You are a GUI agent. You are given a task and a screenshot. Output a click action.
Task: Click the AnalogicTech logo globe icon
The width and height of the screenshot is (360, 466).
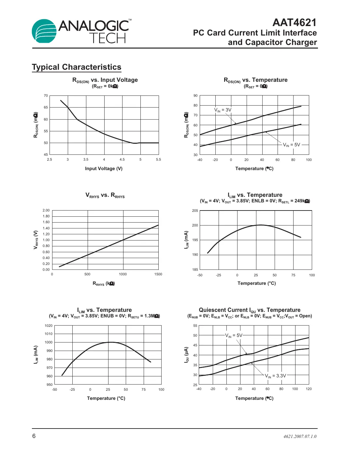pyautogui.click(x=44, y=31)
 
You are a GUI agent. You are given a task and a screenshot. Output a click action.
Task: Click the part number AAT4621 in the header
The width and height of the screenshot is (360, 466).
pyautogui.click(x=294, y=22)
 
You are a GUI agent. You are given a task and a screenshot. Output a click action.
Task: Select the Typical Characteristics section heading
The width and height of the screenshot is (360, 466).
pyautogui.click(x=77, y=67)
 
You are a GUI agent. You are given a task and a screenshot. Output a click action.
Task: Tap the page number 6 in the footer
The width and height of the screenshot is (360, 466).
pyautogui.click(x=34, y=436)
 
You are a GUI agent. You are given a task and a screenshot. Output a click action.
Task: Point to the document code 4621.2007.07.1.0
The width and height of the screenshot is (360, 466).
pyautogui.click(x=300, y=436)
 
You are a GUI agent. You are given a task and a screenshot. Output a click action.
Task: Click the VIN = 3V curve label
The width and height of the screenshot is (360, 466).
pyautogui.click(x=223, y=110)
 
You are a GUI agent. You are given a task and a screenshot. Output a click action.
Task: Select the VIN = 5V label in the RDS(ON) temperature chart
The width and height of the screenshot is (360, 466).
pyautogui.click(x=291, y=145)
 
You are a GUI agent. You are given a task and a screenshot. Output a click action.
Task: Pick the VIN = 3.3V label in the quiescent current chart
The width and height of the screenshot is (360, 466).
pyautogui.click(x=275, y=376)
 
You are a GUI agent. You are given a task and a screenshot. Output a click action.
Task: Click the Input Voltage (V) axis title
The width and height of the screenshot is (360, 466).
pyautogui.click(x=104, y=168)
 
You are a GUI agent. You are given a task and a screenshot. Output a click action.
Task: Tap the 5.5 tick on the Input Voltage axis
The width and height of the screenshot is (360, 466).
pyautogui.click(x=158, y=160)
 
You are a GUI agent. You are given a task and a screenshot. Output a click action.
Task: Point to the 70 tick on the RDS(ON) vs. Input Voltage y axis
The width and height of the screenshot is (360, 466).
pyautogui.click(x=46, y=96)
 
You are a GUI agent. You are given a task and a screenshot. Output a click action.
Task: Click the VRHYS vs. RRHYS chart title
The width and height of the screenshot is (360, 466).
pyautogui.click(x=105, y=195)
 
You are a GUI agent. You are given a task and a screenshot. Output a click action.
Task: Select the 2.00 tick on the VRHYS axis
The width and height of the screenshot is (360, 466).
pyautogui.click(x=46, y=211)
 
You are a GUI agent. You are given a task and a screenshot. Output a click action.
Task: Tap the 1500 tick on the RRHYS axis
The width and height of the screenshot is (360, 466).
pyautogui.click(x=158, y=274)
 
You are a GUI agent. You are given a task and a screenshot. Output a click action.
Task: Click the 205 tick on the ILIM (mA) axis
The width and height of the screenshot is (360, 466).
pyautogui.click(x=195, y=211)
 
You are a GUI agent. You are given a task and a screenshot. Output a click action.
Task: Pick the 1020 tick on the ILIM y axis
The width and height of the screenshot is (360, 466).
pyautogui.click(x=49, y=326)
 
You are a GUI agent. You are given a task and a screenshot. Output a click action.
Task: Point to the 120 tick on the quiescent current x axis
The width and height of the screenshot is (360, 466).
pyautogui.click(x=309, y=389)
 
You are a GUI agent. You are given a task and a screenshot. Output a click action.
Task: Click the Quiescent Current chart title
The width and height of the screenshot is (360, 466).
pyautogui.click(x=250, y=310)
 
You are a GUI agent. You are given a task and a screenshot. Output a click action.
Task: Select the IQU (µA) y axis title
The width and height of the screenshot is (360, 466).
pyautogui.click(x=186, y=355)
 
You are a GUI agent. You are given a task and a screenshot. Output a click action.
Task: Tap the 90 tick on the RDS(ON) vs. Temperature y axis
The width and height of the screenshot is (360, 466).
pyautogui.click(x=195, y=96)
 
